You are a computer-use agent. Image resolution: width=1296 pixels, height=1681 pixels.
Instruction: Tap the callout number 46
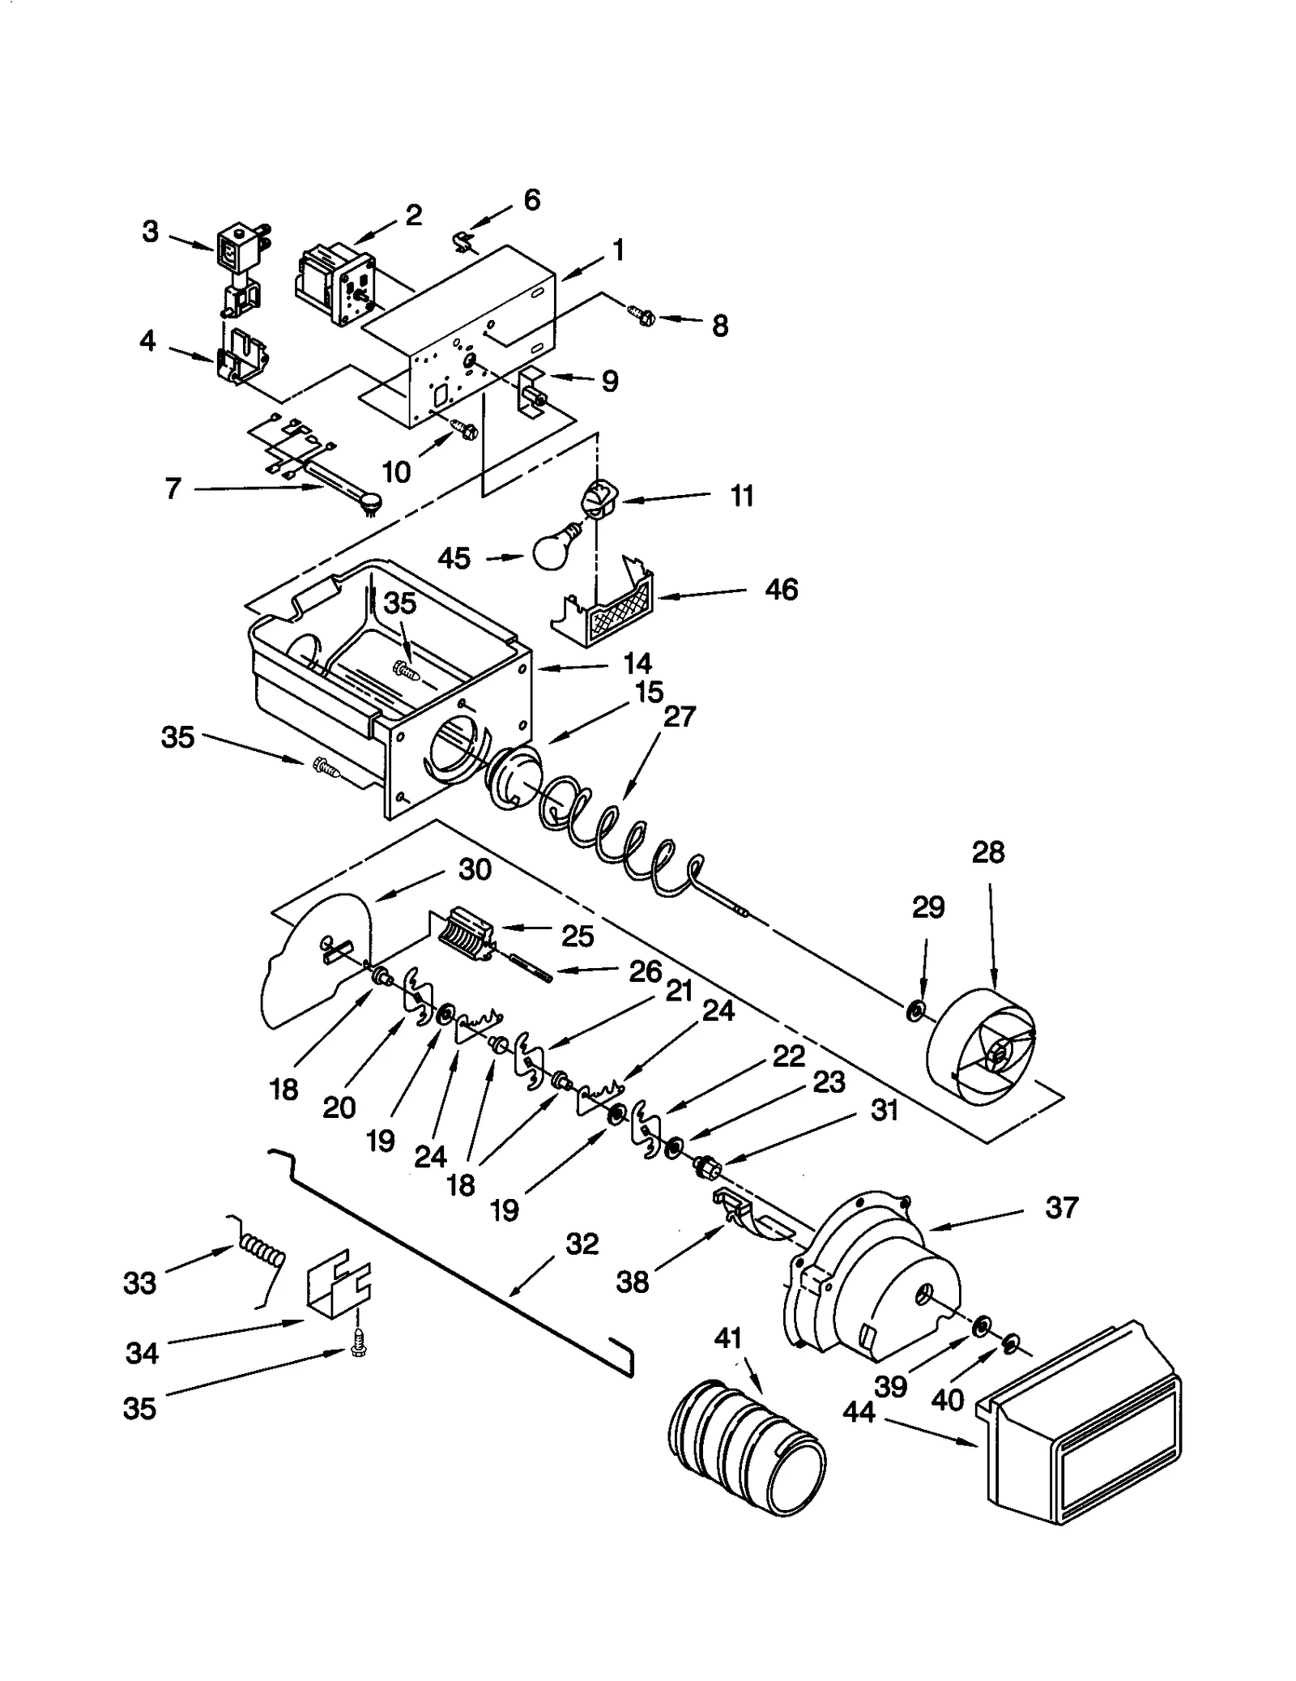781,589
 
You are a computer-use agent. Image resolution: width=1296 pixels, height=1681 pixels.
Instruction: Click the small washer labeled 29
916,1010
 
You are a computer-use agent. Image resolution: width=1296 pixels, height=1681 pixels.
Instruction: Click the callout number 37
1061,1207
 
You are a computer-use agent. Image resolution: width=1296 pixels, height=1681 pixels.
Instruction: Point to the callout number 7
173,489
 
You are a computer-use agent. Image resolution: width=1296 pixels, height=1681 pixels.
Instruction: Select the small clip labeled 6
463,241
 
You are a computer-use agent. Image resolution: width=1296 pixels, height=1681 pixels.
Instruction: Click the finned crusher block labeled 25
467,935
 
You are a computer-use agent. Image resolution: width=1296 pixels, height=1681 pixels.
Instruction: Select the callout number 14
637,663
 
